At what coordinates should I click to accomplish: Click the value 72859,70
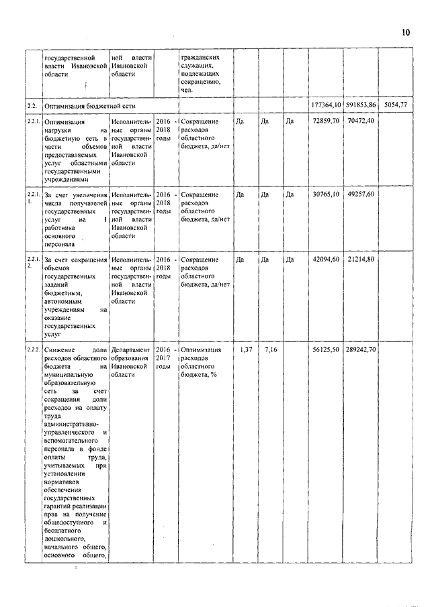coord(327,121)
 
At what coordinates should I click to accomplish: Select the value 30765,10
coord(327,194)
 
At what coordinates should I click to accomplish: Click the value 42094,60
coord(327,260)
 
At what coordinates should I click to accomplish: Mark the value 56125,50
coord(327,350)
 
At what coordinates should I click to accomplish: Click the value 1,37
coord(247,350)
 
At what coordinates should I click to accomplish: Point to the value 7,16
coord(271,350)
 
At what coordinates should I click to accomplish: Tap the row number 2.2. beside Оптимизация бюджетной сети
coord(31,106)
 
